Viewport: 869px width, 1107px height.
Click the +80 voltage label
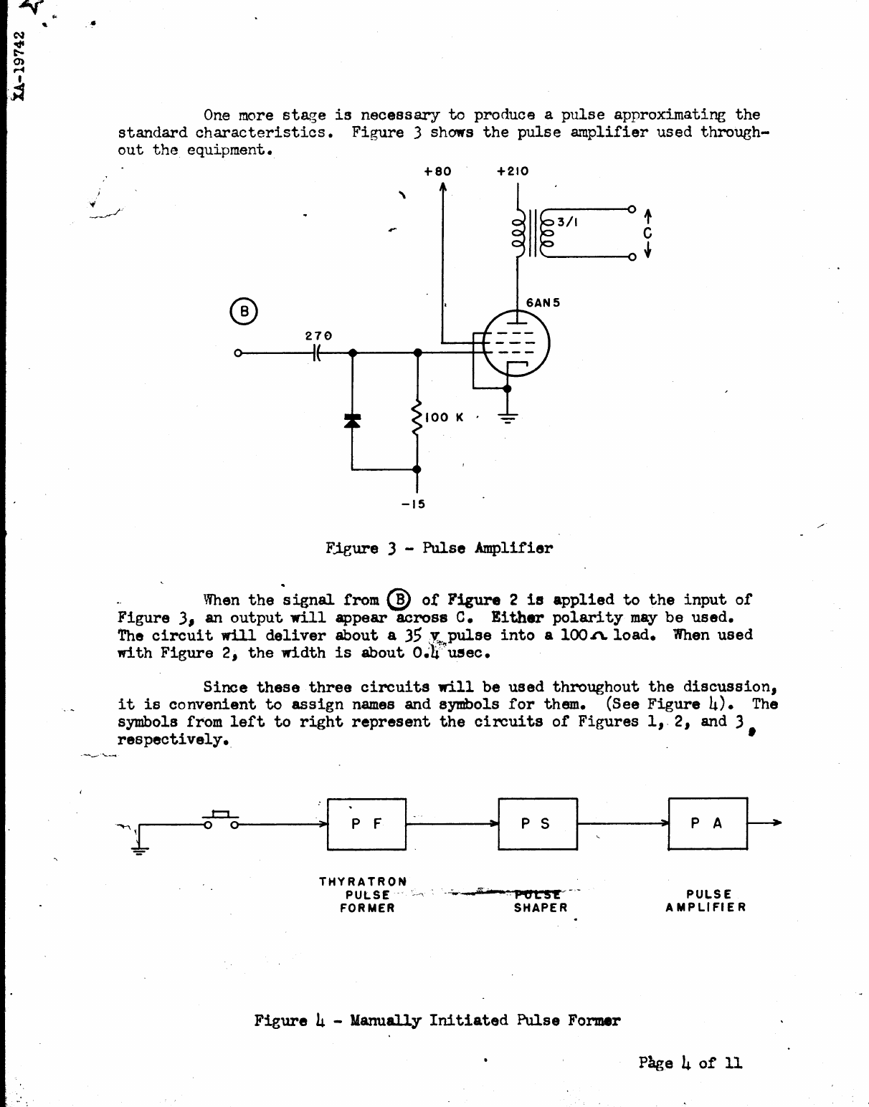437,171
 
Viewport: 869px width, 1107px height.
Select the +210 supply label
513,171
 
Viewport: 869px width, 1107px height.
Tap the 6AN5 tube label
543,302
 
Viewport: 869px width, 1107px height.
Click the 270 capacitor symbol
318,353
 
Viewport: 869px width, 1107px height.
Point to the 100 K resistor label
445,417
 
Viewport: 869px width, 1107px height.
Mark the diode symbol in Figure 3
351,421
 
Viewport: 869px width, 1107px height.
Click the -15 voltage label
414,504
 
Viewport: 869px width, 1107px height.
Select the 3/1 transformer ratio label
567,222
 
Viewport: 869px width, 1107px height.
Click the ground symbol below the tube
508,418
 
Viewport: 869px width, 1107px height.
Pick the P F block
367,824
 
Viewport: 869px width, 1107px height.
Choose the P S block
538,824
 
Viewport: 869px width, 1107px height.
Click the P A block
708,824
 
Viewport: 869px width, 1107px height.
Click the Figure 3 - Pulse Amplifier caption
439,549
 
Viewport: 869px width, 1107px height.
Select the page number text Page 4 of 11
690,1063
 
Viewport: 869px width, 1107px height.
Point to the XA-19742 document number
21,65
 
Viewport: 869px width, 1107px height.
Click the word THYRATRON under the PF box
363,881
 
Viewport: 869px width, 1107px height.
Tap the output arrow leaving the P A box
765,823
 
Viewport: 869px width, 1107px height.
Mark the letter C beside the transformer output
647,233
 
